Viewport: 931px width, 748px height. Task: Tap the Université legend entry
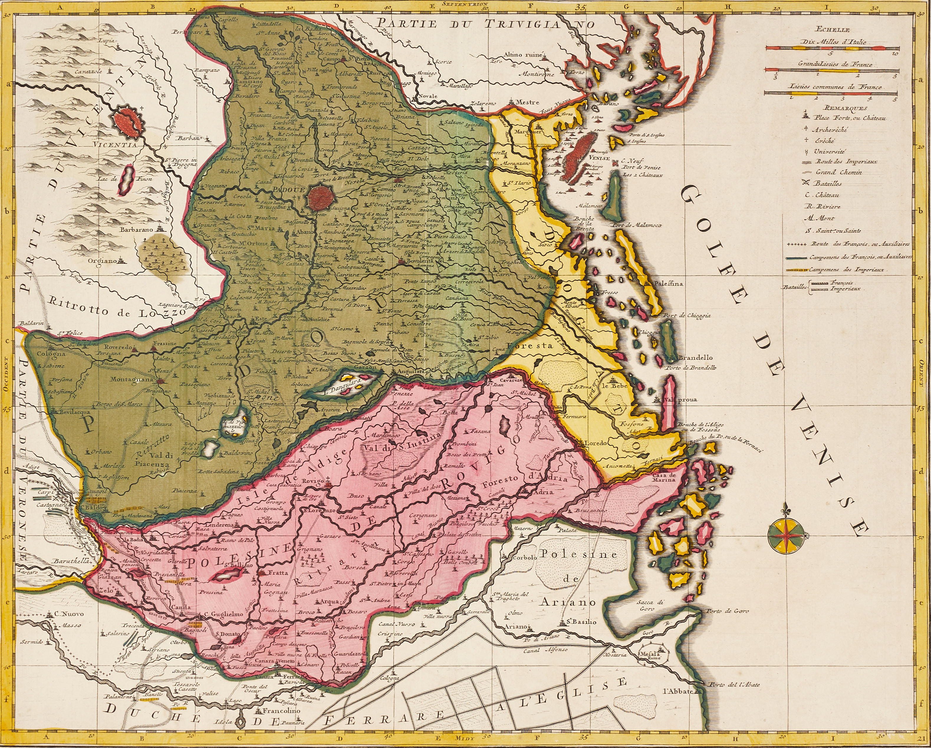[x=829, y=151]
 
